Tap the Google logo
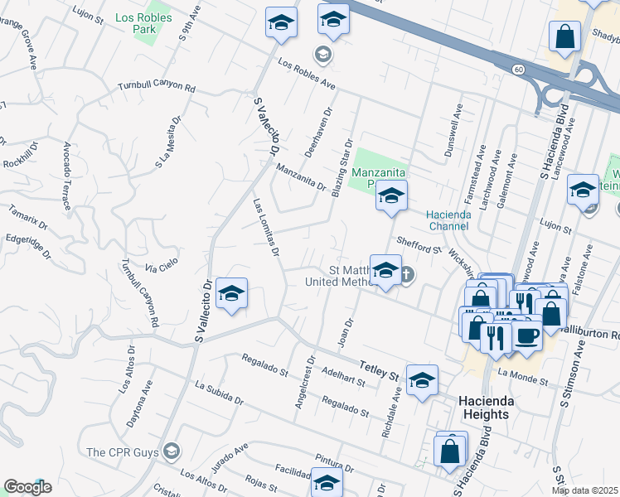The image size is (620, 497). click(x=27, y=487)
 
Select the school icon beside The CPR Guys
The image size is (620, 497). click(x=172, y=451)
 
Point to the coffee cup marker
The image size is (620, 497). click(x=526, y=335)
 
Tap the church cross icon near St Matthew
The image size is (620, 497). click(x=407, y=274)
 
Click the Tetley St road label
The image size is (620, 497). click(x=379, y=370)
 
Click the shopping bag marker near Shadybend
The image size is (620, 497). click(x=564, y=36)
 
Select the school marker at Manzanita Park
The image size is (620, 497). click(x=391, y=196)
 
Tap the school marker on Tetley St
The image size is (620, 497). click(x=422, y=380)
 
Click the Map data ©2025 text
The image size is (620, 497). click(x=585, y=490)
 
